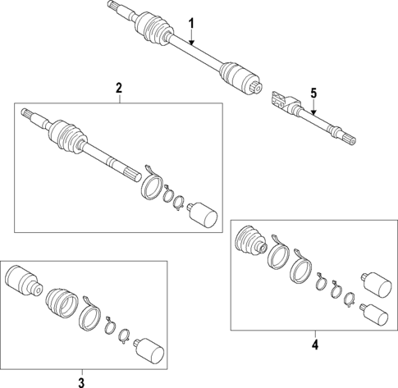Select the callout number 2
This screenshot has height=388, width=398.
[x=119, y=87]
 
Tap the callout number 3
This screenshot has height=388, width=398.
[x=80, y=381]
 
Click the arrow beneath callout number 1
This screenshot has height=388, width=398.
[x=191, y=38]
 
